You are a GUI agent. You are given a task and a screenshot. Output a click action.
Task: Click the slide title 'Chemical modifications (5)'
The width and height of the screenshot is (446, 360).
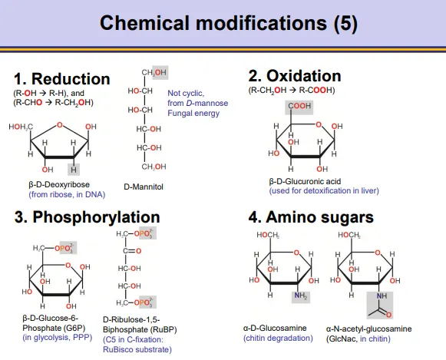tap(229, 23)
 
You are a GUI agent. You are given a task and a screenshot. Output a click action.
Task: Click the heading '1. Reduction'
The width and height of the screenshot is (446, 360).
tap(62, 79)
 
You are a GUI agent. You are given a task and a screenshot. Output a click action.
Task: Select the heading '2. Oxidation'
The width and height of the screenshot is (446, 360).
tap(295, 76)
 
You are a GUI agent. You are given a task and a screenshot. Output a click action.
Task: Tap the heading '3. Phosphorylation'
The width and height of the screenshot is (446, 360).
tap(87, 217)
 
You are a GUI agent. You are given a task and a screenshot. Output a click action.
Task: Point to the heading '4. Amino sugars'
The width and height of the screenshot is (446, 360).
tap(311, 217)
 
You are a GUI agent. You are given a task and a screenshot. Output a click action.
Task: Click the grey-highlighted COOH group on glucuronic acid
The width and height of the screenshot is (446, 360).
tap(299, 107)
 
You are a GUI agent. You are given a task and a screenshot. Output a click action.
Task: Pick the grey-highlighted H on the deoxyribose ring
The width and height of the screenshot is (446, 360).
tap(74, 170)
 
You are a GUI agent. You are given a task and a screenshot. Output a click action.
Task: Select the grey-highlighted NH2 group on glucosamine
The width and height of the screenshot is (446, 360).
tap(301, 296)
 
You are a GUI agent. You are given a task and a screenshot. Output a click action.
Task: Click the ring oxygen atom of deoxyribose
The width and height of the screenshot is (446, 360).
tap(59, 125)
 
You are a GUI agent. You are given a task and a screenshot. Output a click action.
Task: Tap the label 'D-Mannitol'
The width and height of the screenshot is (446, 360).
tap(144, 187)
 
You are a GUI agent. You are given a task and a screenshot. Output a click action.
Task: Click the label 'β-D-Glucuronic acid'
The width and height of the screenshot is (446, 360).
tap(305, 181)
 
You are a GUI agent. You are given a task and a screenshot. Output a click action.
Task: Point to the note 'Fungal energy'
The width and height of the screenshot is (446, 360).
tap(193, 113)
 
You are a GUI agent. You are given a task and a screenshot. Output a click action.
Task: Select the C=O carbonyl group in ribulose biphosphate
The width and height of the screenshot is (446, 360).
tap(132, 251)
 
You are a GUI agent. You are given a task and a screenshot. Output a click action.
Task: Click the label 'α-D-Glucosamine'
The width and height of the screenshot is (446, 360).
tap(275, 329)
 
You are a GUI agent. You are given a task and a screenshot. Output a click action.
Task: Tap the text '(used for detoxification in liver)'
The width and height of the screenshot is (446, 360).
tap(324, 190)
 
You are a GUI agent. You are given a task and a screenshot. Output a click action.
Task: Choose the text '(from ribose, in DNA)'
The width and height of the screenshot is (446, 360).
tap(67, 194)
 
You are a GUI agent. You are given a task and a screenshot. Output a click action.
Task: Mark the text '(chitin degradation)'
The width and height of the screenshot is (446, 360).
tap(278, 338)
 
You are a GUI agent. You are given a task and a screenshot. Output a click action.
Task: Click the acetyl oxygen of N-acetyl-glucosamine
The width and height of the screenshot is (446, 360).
tap(389, 314)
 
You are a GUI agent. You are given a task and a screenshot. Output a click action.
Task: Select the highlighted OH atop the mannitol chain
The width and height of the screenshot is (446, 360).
tap(160, 72)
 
